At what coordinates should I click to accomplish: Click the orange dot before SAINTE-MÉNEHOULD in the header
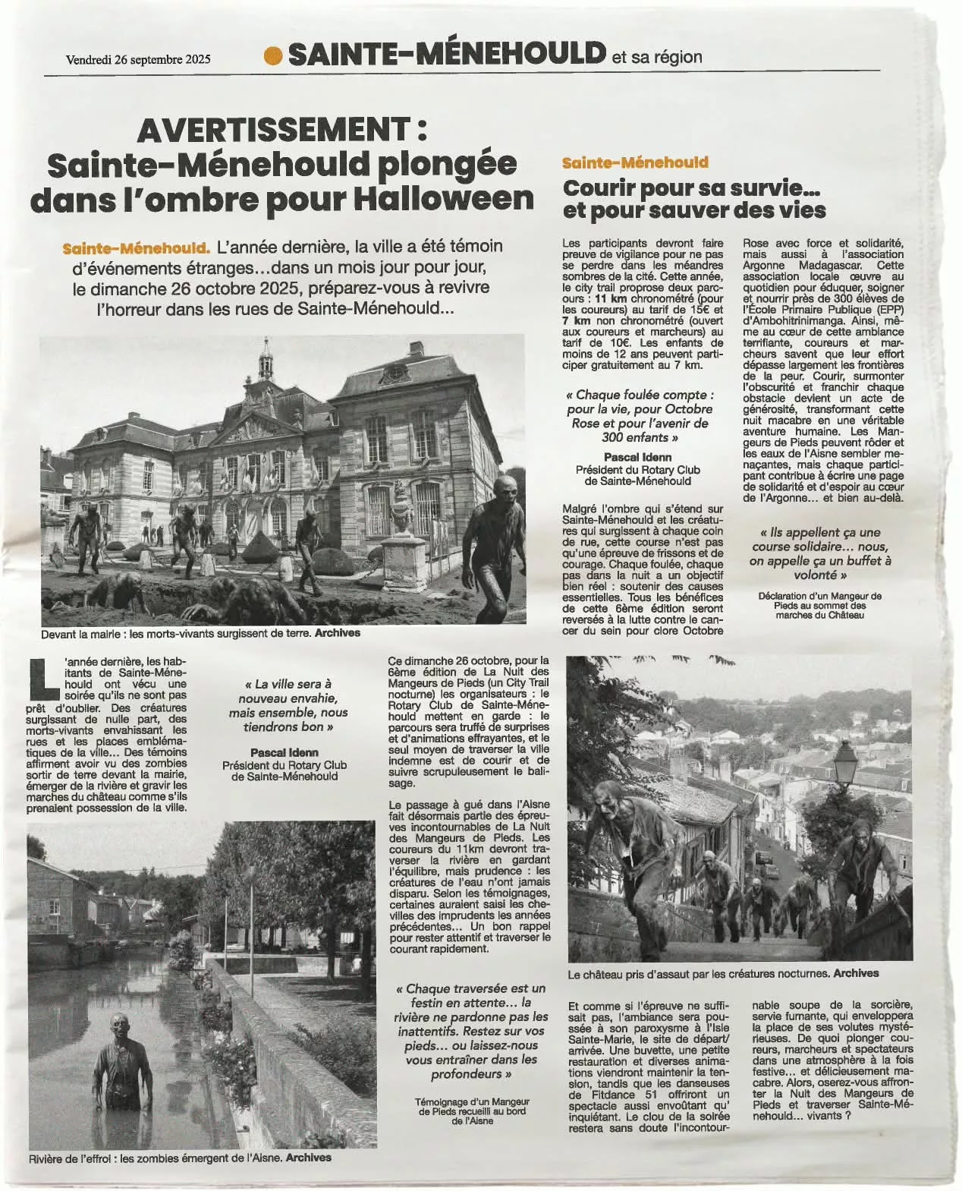273,55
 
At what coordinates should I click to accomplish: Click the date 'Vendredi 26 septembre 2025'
138,58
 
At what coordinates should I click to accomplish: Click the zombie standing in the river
121,1067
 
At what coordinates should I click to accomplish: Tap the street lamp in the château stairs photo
844,759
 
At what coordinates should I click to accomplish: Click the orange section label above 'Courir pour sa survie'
635,162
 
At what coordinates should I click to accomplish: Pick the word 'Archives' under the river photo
309,1158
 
